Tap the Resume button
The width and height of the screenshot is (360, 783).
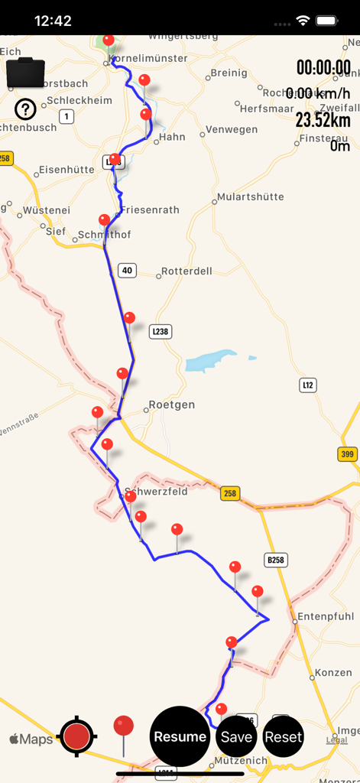[x=180, y=736]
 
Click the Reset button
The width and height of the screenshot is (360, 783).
[x=284, y=737]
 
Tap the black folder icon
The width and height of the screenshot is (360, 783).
[x=25, y=73]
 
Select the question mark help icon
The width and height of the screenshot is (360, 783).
[x=25, y=109]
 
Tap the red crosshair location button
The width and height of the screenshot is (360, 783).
[x=76, y=737]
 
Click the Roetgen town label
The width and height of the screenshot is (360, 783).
[x=171, y=404]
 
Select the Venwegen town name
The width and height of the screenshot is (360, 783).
[x=232, y=129]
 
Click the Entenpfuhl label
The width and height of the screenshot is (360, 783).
[x=325, y=616]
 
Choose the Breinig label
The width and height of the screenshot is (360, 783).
[x=229, y=73]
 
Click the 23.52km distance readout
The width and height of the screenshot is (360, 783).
[x=323, y=120]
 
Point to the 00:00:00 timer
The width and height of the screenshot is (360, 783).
[x=323, y=67]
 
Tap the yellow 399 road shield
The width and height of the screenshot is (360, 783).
[x=347, y=454]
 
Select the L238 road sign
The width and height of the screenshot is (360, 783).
[x=160, y=331]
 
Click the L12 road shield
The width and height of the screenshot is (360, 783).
[x=307, y=385]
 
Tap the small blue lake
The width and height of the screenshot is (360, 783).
[x=211, y=359]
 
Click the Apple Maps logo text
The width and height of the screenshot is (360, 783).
[x=31, y=739]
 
